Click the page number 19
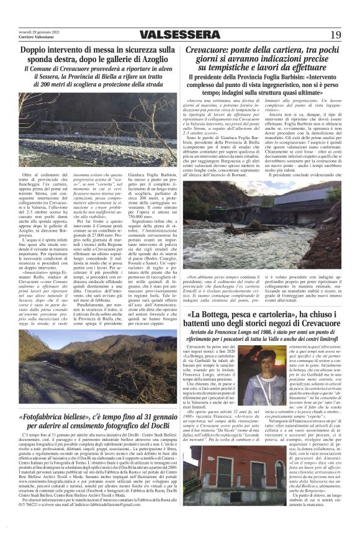pos(335,35)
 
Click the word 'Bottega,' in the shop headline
pos(217,316)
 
